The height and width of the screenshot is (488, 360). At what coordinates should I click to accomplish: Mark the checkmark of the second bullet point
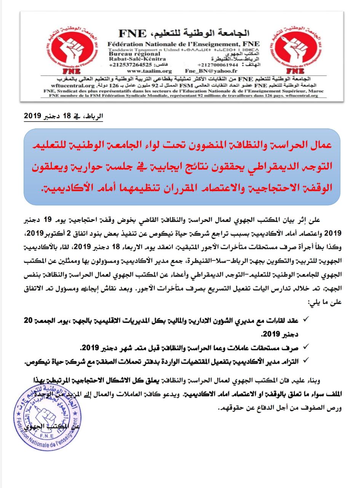pyautogui.click(x=307, y=347)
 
